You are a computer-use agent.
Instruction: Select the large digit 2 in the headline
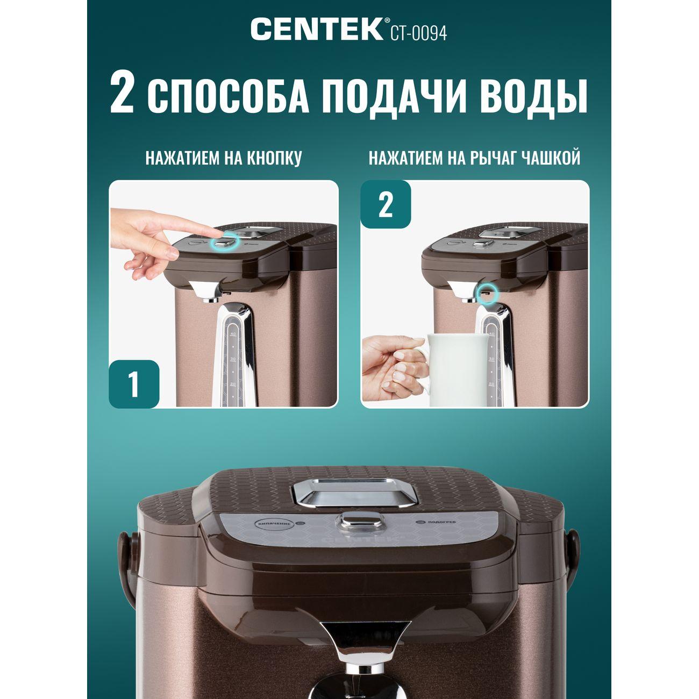point(122,96)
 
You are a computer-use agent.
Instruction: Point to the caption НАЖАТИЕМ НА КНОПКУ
point(224,159)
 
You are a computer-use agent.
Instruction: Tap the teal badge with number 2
point(386,205)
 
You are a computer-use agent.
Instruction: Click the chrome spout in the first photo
point(207,291)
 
